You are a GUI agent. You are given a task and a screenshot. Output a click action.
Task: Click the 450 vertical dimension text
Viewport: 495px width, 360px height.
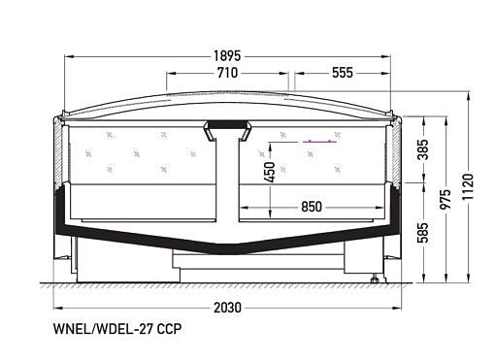(269, 172)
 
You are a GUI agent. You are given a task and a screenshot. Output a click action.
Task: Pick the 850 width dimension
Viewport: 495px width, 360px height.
(311, 207)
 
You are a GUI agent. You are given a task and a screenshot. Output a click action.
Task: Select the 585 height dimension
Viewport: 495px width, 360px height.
(422, 233)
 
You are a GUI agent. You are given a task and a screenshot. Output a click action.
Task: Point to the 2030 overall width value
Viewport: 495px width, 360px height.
(228, 308)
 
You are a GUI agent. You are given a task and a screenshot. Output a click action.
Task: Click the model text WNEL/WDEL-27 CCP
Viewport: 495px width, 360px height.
(118, 329)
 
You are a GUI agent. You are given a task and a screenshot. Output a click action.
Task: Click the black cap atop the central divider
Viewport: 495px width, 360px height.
(229, 126)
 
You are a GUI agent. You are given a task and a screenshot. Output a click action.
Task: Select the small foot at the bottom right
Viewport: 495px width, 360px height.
(375, 279)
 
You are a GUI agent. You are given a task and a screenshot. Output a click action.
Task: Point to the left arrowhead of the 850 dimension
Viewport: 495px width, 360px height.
(243, 207)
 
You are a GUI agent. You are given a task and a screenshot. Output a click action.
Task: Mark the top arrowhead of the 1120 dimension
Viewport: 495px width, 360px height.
(469, 93)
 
